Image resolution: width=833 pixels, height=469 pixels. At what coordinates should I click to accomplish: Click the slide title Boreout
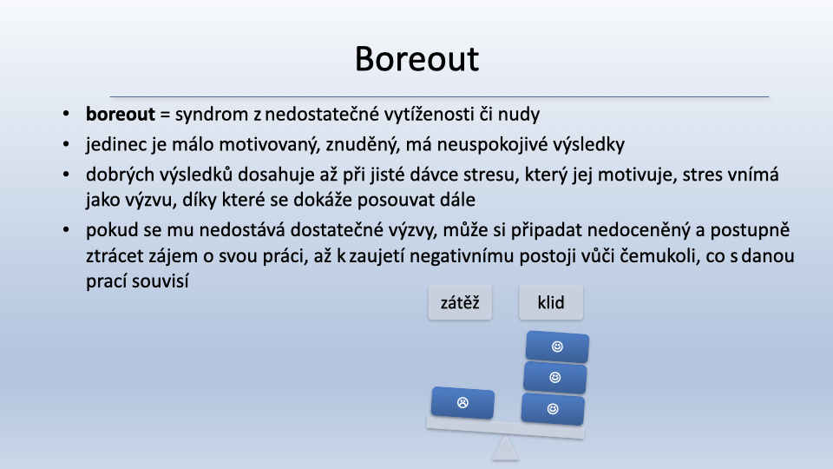(x=417, y=58)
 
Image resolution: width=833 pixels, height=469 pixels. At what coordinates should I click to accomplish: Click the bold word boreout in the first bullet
(x=121, y=115)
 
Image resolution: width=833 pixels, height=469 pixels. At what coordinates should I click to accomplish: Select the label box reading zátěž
(x=460, y=302)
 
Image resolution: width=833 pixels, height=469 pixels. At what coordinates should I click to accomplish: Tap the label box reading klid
(x=551, y=302)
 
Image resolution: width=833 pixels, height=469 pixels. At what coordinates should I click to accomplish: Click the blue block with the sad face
(x=462, y=402)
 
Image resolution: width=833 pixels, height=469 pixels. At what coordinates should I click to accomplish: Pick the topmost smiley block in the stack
(x=557, y=347)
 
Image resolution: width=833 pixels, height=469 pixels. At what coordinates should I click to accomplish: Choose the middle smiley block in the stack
(x=555, y=378)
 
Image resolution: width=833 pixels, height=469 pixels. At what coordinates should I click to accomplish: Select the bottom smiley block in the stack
(x=553, y=409)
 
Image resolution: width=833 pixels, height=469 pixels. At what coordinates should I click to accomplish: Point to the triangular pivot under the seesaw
(x=505, y=448)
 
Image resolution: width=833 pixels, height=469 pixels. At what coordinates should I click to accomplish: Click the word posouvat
(x=397, y=201)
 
